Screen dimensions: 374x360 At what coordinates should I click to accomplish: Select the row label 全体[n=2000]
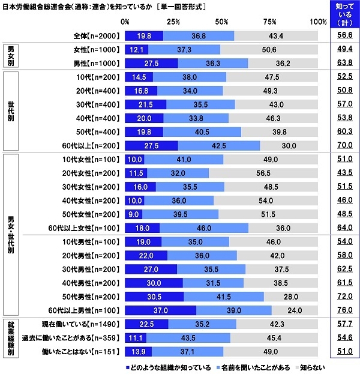(96, 36)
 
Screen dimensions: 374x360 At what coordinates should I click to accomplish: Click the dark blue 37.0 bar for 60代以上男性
(160, 310)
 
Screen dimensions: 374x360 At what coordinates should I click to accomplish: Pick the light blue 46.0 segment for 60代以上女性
(204, 228)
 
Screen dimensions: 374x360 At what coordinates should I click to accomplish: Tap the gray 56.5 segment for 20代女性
(264, 173)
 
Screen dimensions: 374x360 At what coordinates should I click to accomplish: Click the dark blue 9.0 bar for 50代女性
(133, 214)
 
